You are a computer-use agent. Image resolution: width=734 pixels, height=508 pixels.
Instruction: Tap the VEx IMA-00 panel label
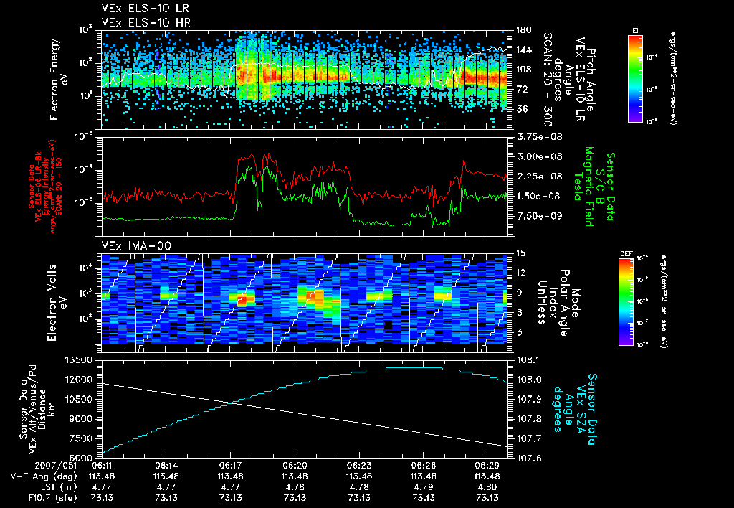point(130,246)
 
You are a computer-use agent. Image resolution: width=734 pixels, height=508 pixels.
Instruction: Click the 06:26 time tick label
point(424,465)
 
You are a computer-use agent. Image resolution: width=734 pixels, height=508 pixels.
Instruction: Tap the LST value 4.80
point(487,486)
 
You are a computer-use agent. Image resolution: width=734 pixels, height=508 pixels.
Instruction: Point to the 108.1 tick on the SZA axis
point(528,359)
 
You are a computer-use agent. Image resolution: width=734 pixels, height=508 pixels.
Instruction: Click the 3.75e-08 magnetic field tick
point(535,136)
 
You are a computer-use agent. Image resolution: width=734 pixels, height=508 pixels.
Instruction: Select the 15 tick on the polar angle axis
point(520,253)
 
